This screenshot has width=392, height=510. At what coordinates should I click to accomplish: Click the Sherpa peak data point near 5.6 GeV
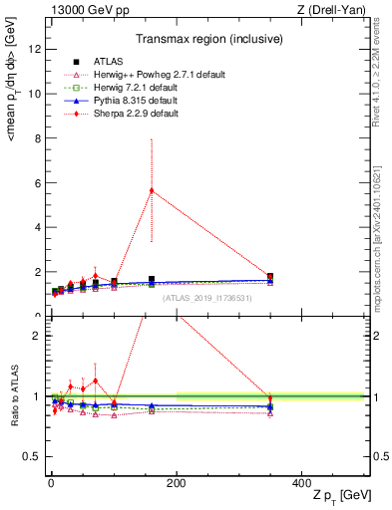point(152,190)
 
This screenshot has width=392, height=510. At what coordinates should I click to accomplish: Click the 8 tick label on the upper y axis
point(35,138)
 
